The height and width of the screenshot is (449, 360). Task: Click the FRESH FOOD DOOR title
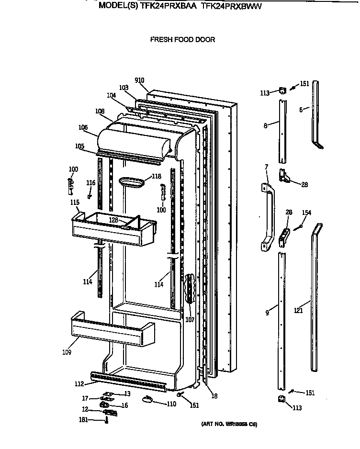[x=182, y=40]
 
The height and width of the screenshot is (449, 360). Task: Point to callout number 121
[x=298, y=311]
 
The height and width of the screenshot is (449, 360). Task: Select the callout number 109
[x=67, y=353]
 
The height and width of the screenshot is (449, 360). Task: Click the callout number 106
[x=83, y=127]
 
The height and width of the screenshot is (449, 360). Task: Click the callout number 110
[x=171, y=404]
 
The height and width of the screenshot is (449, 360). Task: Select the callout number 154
[x=306, y=213]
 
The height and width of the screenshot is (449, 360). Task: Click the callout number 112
[x=79, y=383]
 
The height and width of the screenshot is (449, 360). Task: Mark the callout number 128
[x=113, y=220]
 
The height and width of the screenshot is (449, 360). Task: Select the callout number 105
[x=79, y=146]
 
